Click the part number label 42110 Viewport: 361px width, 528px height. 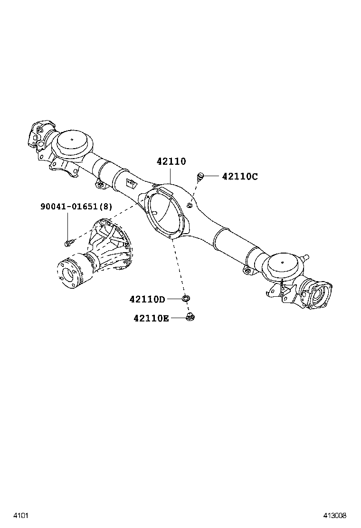(171, 162)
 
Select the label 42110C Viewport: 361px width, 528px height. (240, 177)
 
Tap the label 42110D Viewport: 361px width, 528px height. (147, 299)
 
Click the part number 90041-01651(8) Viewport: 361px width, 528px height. (76, 207)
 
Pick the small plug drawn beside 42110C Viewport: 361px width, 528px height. (200, 177)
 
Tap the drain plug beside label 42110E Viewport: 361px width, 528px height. (191, 316)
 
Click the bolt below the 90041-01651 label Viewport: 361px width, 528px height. (68, 243)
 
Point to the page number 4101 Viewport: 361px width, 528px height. (19, 515)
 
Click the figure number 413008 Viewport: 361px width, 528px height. (335, 515)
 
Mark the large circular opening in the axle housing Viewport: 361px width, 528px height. (164, 211)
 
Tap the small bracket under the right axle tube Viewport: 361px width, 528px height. (247, 271)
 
